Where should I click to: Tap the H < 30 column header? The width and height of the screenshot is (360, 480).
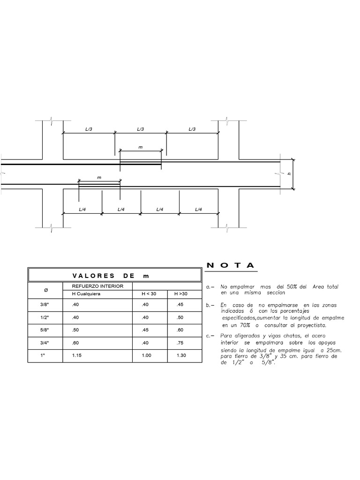(150, 294)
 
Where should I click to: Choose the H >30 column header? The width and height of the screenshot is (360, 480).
(181, 294)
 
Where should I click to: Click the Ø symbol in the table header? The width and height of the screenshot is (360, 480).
(45, 290)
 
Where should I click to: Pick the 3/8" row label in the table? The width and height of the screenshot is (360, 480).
(45, 305)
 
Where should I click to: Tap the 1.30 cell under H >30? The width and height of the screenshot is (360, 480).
(181, 355)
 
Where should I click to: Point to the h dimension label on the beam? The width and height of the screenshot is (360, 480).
(289, 174)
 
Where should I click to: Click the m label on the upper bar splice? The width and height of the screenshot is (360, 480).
(140, 147)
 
